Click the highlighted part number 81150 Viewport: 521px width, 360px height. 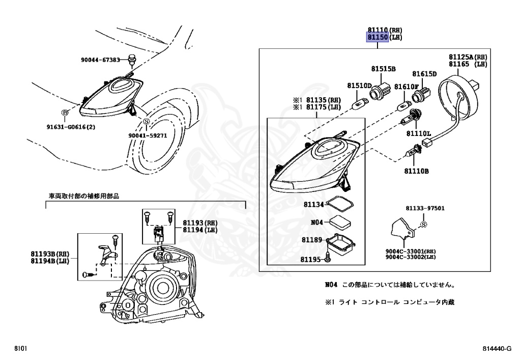[378, 38]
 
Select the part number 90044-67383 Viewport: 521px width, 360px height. [100, 60]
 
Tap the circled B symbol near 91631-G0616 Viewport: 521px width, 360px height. [65, 112]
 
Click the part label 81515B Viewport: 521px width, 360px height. [383, 69]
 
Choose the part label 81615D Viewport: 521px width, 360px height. [425, 74]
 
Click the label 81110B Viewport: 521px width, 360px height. [417, 171]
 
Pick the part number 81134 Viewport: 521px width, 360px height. [314, 204]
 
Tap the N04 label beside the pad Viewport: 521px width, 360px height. [316, 223]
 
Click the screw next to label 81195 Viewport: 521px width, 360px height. [328, 260]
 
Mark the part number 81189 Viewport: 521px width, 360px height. [311, 240]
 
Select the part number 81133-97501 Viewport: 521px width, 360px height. [425, 208]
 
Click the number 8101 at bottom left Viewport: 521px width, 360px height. [21, 349]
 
